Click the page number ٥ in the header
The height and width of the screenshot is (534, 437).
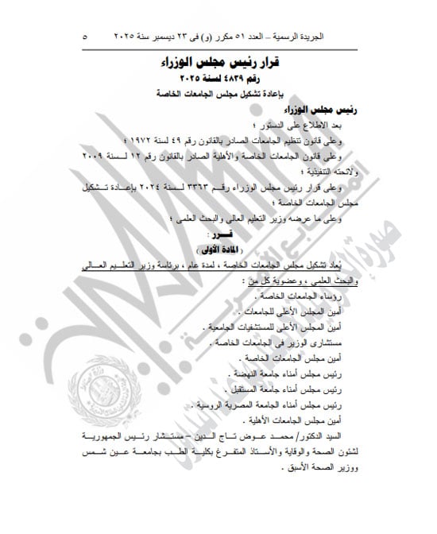point(86,37)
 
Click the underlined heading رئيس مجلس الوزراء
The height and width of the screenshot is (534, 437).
point(318,110)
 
